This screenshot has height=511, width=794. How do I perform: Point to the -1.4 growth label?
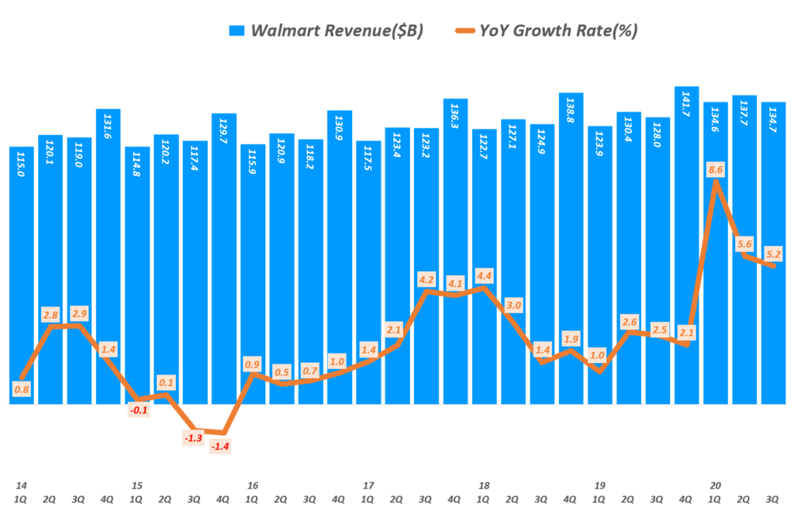pyautogui.click(x=223, y=446)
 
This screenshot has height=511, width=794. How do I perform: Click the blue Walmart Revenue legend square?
pyautogui.click(x=236, y=31)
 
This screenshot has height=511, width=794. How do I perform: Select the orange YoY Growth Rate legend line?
pyautogui.click(x=464, y=31)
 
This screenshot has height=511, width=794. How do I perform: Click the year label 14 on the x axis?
pyautogui.click(x=20, y=485)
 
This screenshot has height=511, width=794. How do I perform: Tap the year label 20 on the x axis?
pyautogui.click(x=716, y=485)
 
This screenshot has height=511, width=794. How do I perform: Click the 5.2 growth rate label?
pyautogui.click(x=775, y=253)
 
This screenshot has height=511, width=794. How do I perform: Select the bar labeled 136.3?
pyautogui.click(x=455, y=248)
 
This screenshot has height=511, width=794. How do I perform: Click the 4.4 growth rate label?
pyautogui.click(x=484, y=276)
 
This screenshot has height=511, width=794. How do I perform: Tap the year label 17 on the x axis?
pyautogui.click(x=368, y=485)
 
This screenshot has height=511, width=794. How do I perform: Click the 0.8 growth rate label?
pyautogui.click(x=21, y=389)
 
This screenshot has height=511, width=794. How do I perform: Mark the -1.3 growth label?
pyautogui.click(x=195, y=440)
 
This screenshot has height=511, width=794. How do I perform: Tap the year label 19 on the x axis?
pyautogui.click(x=600, y=485)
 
